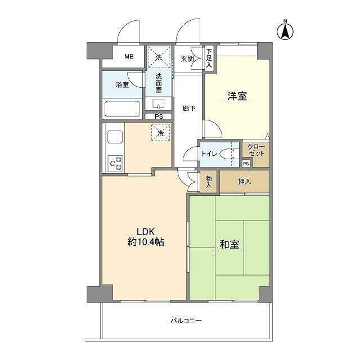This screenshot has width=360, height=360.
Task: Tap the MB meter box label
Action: click(x=129, y=56)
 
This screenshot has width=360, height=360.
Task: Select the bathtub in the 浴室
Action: click(x=122, y=109)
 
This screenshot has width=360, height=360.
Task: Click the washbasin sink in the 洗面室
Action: click(x=159, y=104)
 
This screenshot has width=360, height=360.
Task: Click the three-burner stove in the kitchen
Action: click(x=115, y=164)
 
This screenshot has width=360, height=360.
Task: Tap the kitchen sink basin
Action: click(x=115, y=137)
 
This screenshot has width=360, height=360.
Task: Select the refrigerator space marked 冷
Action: click(x=161, y=132)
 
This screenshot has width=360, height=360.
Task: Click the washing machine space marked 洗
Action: click(x=159, y=57)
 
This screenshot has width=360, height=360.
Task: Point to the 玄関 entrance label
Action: click(x=187, y=58)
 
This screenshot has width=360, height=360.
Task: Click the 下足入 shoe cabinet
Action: click(x=209, y=58)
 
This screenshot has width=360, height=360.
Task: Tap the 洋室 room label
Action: click(x=237, y=96)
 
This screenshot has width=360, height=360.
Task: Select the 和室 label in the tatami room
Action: click(x=229, y=244)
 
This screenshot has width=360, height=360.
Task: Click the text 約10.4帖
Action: click(x=146, y=242)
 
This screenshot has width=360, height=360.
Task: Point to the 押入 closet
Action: click(x=245, y=182)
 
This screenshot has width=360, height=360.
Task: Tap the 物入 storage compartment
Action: click(x=209, y=181)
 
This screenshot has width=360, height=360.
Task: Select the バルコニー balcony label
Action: click(x=186, y=321)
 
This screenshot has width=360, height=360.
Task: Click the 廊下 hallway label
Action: click(x=189, y=108)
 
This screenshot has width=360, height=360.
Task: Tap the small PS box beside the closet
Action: click(x=246, y=164)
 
